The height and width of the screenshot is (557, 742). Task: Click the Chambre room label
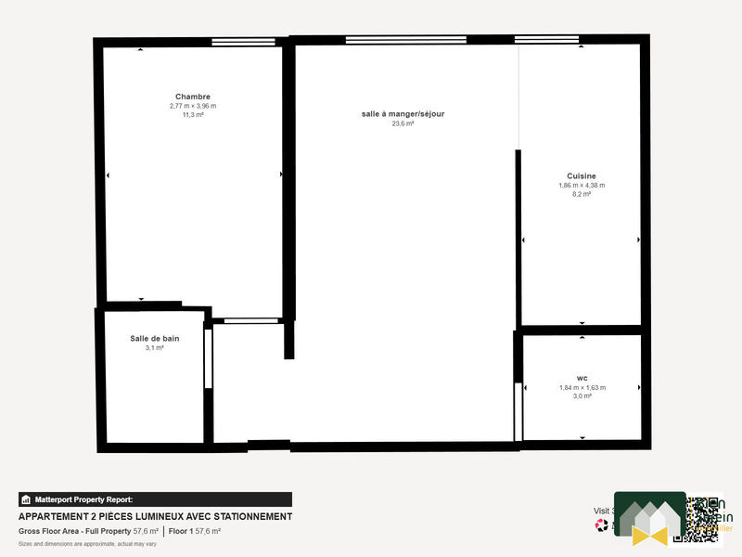point(193,97)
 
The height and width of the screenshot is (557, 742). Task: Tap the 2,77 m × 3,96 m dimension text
point(193,106)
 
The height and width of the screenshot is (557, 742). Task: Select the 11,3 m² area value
point(193,115)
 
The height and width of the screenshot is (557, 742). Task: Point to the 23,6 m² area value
point(403,123)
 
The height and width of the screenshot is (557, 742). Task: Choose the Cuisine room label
point(582,175)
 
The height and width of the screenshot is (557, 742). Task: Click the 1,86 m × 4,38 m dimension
point(582,185)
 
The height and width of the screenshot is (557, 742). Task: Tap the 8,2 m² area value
point(582,194)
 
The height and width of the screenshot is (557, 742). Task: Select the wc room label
point(582,378)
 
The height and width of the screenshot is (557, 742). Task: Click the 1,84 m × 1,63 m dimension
point(582,387)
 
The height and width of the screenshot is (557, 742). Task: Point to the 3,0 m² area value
point(582,396)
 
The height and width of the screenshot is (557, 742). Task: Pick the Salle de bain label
point(155,338)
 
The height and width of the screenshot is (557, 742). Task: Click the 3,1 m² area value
point(155,348)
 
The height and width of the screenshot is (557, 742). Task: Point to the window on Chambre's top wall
point(243,42)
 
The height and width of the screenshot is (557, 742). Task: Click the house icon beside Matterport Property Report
point(26,499)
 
